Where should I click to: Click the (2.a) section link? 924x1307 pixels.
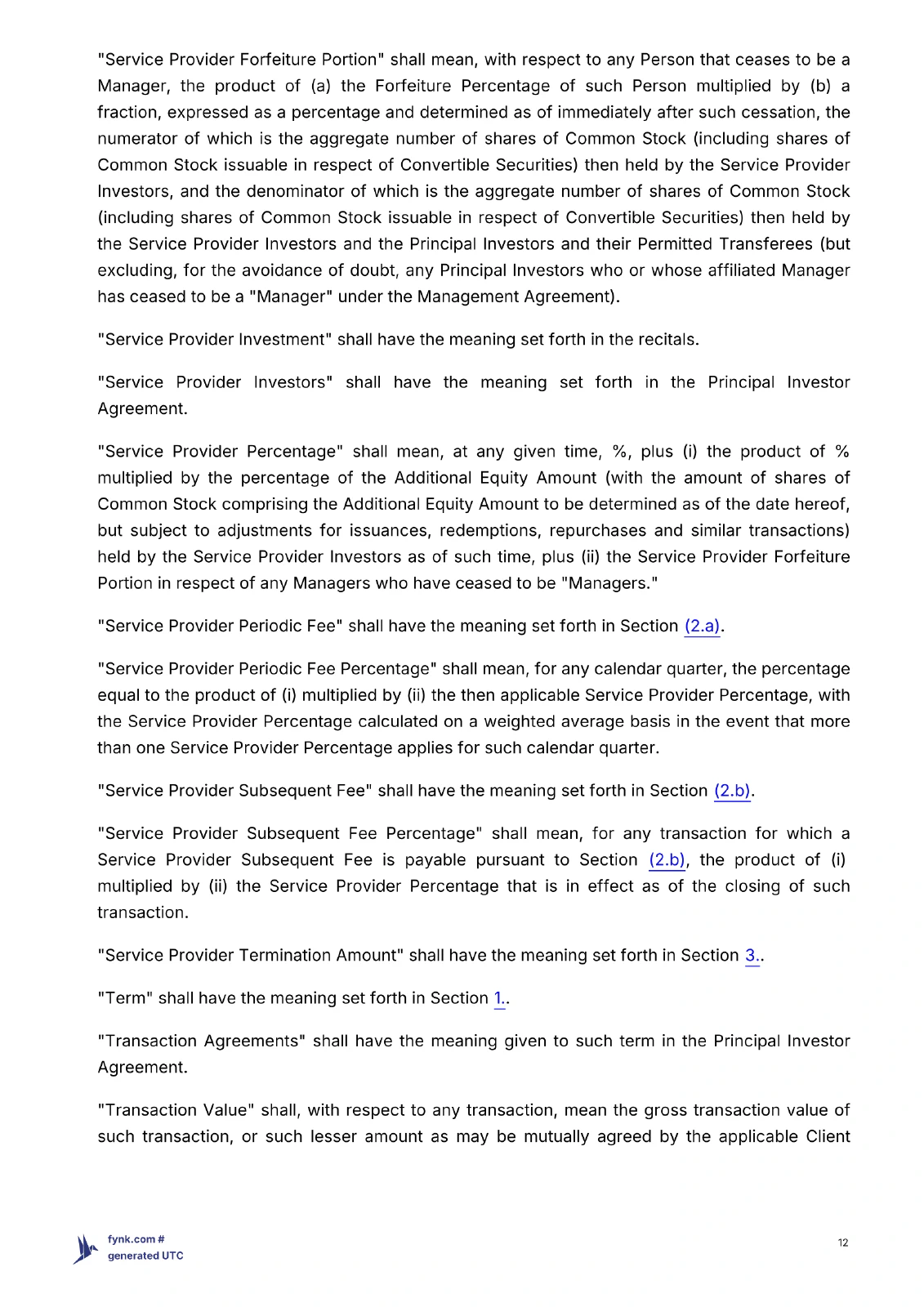pos(702,626)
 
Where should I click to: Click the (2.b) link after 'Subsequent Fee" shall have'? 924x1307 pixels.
pos(732,791)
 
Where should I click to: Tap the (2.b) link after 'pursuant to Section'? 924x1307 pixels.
pos(667,859)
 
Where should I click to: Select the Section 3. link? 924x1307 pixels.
pos(752,955)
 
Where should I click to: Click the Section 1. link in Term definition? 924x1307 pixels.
pos(499,998)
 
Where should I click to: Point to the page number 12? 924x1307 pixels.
pos(842,1242)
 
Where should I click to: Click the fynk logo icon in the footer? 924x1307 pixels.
pos(85,1248)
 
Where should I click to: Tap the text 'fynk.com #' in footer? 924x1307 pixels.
pos(136,1239)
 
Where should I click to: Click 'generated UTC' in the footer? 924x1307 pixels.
pos(145,1256)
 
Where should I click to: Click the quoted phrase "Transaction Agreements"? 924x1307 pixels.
pos(201,1041)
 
